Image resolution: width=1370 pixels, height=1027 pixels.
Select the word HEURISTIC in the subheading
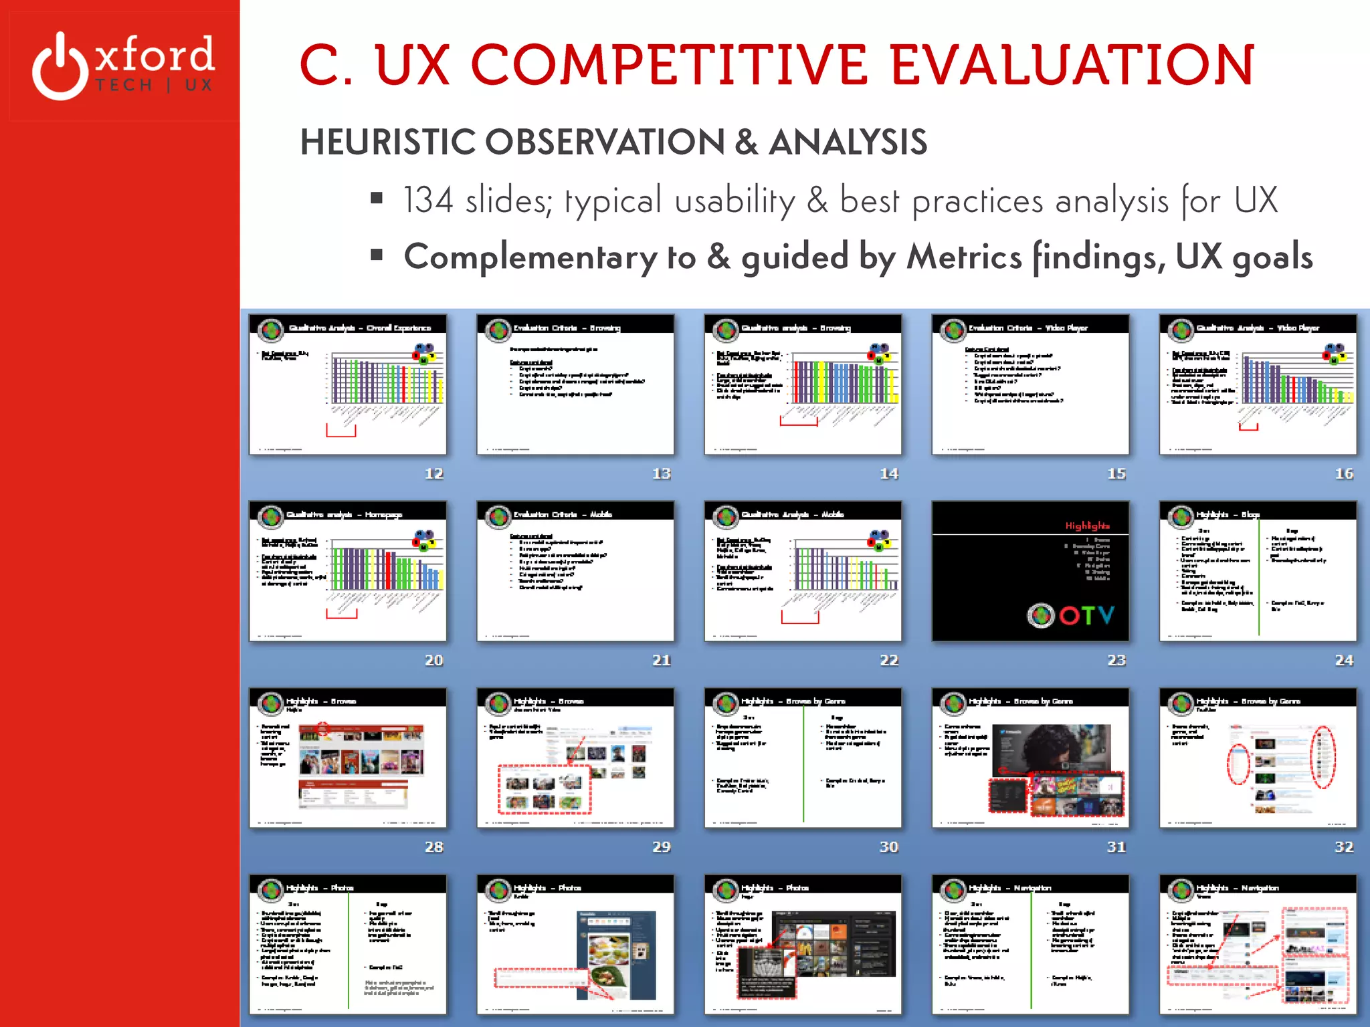tap(388, 142)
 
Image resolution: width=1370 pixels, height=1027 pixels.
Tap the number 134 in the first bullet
tap(428, 200)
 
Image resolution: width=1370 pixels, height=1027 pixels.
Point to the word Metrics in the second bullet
tap(964, 257)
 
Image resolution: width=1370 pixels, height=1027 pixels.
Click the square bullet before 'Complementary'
tap(377, 255)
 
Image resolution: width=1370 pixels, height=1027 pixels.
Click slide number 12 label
tap(434, 473)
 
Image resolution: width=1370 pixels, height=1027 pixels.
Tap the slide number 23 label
tap(1116, 660)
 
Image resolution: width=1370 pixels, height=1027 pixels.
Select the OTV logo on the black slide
tap(1071, 614)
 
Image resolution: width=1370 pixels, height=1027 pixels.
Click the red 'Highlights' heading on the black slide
tap(1087, 526)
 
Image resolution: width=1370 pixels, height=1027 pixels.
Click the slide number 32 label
tap(1344, 846)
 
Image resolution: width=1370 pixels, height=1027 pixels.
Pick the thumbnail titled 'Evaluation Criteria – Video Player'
tap(1030, 384)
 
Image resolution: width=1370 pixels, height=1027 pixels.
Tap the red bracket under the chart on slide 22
tap(799, 618)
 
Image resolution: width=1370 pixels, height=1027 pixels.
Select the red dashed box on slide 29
tap(544, 790)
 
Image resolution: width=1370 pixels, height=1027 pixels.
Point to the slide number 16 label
tap(1344, 473)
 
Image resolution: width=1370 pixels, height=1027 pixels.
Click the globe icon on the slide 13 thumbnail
tap(498, 330)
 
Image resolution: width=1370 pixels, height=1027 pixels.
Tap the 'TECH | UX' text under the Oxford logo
tap(154, 86)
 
